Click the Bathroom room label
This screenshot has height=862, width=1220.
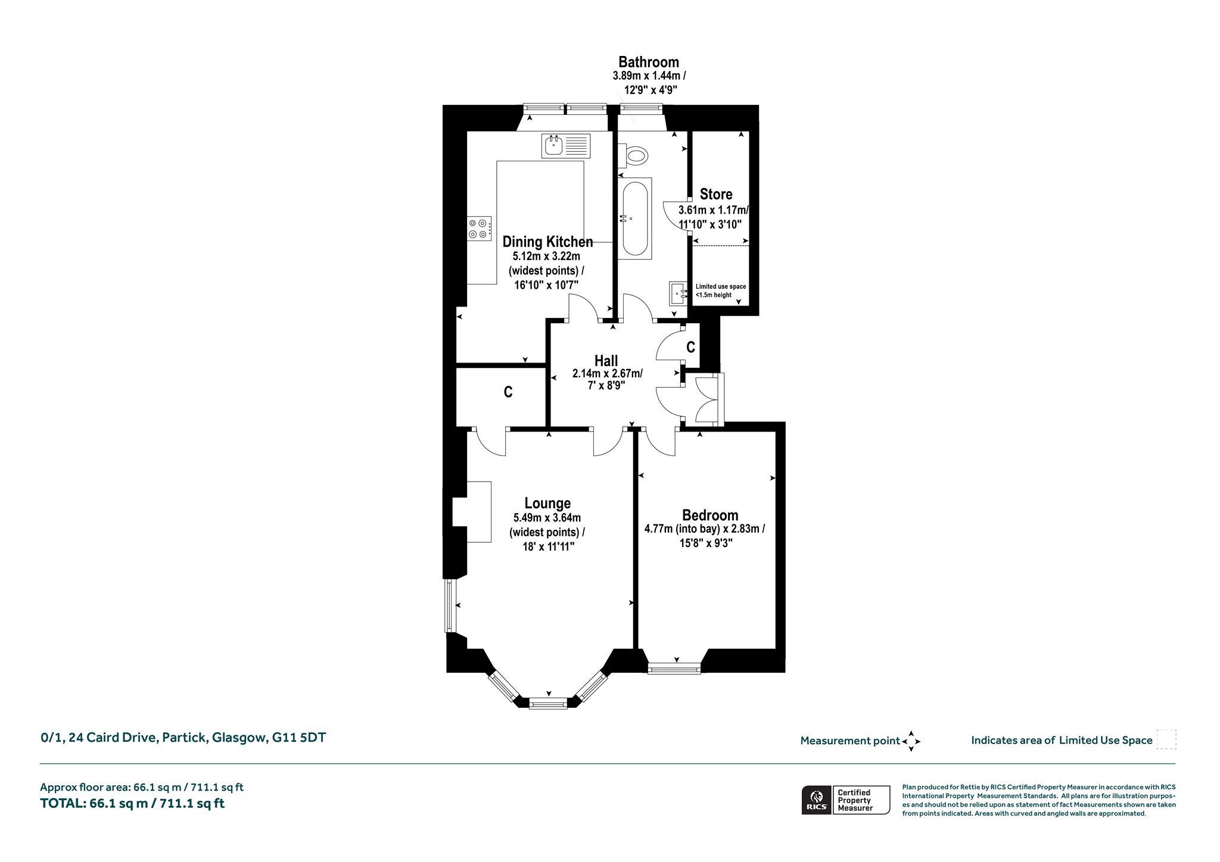pyautogui.click(x=648, y=62)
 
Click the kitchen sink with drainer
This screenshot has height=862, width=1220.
pyautogui.click(x=566, y=146)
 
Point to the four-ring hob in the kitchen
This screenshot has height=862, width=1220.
pyautogui.click(x=480, y=228)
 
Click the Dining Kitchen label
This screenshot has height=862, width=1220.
pyautogui.click(x=547, y=242)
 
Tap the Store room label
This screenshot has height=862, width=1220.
pyautogui.click(x=716, y=194)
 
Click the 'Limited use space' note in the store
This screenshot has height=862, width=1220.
pyautogui.click(x=721, y=291)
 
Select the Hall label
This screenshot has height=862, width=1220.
pyautogui.click(x=606, y=361)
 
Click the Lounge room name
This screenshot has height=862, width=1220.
pyautogui.click(x=547, y=504)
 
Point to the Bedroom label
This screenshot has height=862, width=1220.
pyautogui.click(x=710, y=516)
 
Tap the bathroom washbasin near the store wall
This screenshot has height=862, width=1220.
pyautogui.click(x=678, y=293)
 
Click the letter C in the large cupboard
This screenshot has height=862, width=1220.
pyautogui.click(x=508, y=392)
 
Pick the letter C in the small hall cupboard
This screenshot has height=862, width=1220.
pyautogui.click(x=690, y=347)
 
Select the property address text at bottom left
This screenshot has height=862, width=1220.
pyautogui.click(x=183, y=738)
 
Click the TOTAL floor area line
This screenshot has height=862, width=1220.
pyautogui.click(x=132, y=803)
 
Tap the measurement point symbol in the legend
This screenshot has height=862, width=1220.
pyautogui.click(x=911, y=741)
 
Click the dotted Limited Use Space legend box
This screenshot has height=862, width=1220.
pyautogui.click(x=1166, y=739)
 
